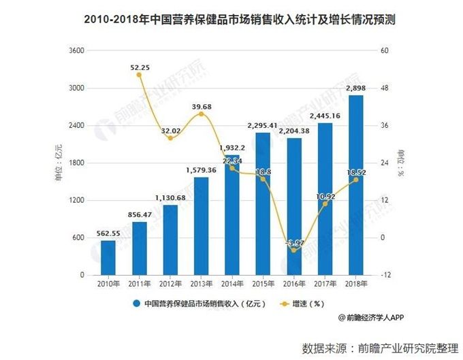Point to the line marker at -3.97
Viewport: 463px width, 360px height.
(x=295, y=250)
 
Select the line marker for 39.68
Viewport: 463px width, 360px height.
(x=201, y=114)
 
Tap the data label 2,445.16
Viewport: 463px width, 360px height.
(x=325, y=116)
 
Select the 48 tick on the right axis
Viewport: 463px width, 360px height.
(x=383, y=88)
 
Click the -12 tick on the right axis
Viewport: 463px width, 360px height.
(x=384, y=275)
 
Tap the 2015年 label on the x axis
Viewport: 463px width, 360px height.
(x=264, y=282)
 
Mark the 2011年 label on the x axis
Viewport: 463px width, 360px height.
(x=139, y=282)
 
